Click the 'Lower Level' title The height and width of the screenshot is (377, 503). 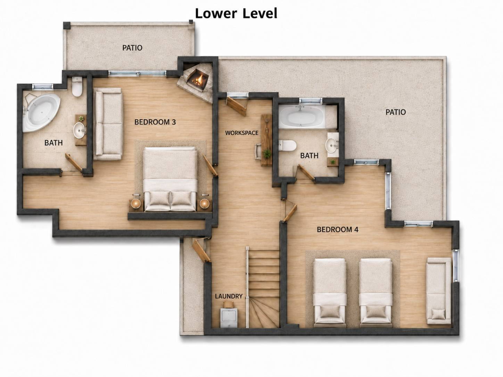(x=236, y=14)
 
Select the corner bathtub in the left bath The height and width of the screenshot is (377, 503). (x=41, y=112)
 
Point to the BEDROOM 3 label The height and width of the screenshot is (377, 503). (x=155, y=122)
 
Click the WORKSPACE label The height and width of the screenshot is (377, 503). (x=242, y=133)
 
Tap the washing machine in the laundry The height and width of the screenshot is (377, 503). (x=229, y=318)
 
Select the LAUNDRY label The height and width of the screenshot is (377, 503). (x=229, y=296)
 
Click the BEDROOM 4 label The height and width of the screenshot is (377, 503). (x=338, y=229)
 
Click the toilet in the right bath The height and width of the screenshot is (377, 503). (x=288, y=145)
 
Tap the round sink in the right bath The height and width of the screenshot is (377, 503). (x=332, y=145)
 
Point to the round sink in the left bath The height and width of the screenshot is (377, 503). (x=79, y=130)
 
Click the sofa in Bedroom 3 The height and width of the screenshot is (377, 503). (x=108, y=124)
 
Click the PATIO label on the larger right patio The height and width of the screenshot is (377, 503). (x=396, y=112)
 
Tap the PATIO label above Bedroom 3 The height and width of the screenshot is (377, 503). (x=132, y=48)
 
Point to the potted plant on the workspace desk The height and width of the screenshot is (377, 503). (x=266, y=153)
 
